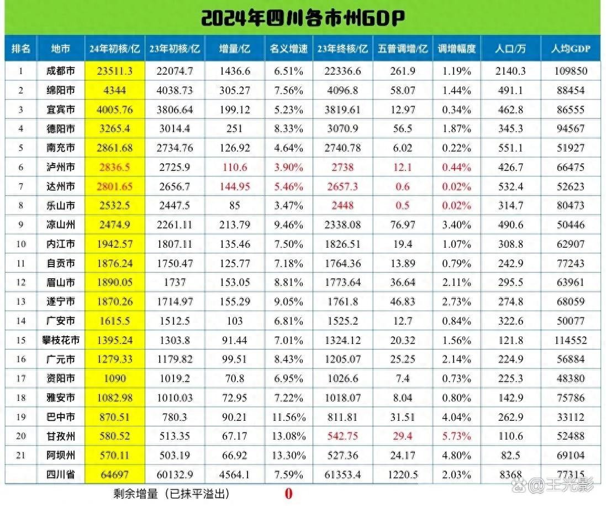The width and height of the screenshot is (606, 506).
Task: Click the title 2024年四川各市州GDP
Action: pyautogui.click(x=303, y=18)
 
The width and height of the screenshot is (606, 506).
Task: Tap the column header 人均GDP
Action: pyautogui.click(x=571, y=49)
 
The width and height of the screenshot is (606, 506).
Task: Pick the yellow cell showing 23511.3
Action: pyautogui.click(x=115, y=71)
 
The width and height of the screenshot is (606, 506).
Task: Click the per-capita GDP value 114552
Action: pyautogui.click(x=571, y=340)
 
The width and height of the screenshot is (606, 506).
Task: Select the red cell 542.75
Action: pyautogui.click(x=342, y=436)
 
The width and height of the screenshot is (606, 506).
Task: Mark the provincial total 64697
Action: pyautogui.click(x=115, y=474)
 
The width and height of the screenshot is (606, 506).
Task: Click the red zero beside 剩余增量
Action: pyautogui.click(x=288, y=494)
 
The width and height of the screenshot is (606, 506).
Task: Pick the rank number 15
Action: pyautogui.click(x=21, y=340)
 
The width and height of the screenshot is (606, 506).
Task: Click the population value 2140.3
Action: pyautogui.click(x=510, y=71)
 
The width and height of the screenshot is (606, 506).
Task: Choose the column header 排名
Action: pyautogui.click(x=21, y=49)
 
